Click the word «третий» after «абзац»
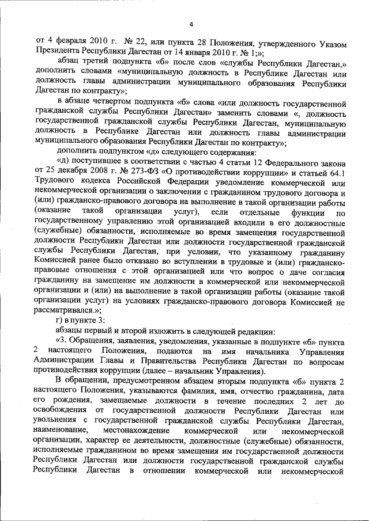click(101, 67)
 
